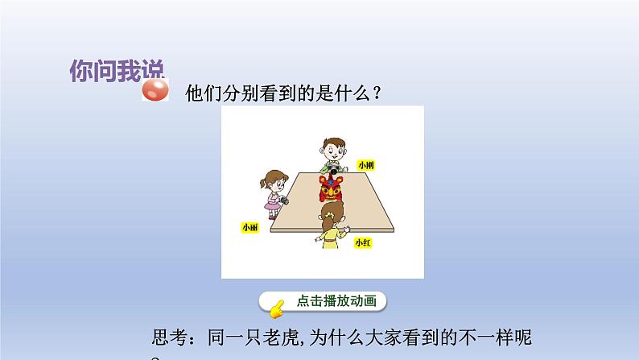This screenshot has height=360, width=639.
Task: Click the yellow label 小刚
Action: [x=366, y=165]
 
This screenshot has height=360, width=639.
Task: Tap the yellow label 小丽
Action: [x=249, y=228]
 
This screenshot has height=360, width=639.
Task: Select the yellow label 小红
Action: [x=362, y=242]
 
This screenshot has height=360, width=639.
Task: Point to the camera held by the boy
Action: [x=331, y=170]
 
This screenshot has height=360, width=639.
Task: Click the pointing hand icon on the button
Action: [x=275, y=305]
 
